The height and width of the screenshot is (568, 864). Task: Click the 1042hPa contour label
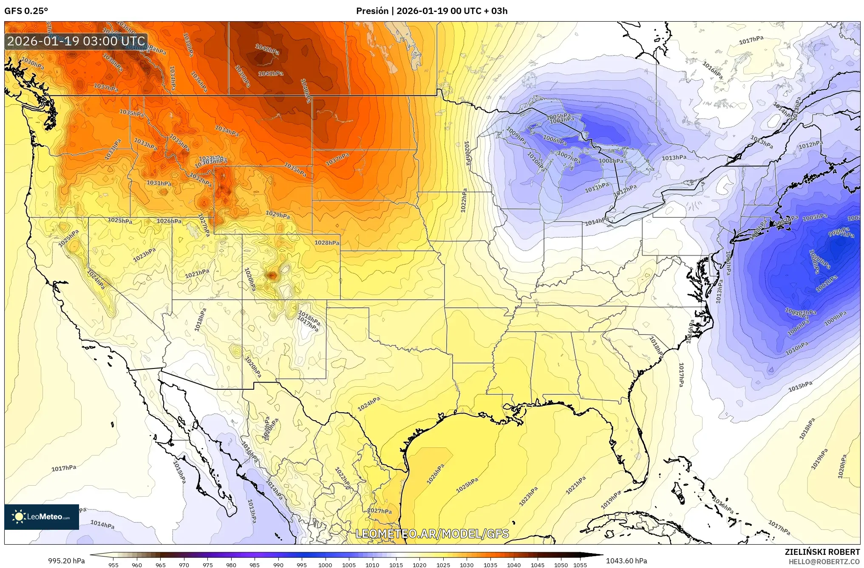click(x=267, y=49)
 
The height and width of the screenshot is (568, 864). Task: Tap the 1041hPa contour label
click(x=271, y=73)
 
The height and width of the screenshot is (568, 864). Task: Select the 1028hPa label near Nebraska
click(x=327, y=243)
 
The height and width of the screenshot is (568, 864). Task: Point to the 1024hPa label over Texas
click(x=368, y=404)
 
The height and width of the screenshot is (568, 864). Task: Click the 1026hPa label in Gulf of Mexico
click(x=436, y=474)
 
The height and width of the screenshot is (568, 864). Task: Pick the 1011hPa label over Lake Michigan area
click(x=597, y=188)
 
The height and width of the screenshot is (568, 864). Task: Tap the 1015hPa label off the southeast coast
click(x=800, y=386)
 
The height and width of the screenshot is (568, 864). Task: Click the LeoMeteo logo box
click(x=42, y=517)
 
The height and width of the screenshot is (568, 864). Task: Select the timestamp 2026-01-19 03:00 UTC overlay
click(x=76, y=41)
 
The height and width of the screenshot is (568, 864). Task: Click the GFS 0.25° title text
click(x=26, y=11)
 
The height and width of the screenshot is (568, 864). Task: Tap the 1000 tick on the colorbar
click(x=325, y=565)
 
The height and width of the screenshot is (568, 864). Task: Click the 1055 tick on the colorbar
click(x=580, y=565)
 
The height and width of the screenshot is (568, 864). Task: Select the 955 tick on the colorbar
click(x=113, y=565)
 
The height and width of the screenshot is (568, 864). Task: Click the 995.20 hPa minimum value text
click(x=66, y=561)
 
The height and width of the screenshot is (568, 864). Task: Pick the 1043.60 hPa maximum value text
click(x=626, y=561)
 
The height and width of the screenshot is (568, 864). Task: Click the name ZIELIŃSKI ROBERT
click(x=822, y=552)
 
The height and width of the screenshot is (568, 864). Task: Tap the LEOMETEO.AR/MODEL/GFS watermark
click(x=432, y=534)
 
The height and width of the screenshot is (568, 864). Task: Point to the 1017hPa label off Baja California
click(x=64, y=468)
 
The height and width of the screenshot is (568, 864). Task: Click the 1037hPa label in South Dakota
click(x=337, y=160)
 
